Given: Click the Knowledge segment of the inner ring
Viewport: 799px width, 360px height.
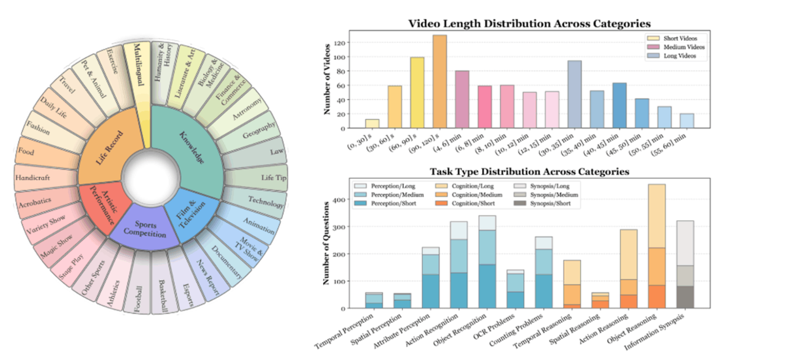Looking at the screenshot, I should pyautogui.click(x=189, y=147).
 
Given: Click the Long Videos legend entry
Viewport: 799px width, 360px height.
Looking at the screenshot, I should pyautogui.click(x=674, y=56).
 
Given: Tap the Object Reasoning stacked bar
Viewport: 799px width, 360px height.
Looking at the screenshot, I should pyautogui.click(x=656, y=246).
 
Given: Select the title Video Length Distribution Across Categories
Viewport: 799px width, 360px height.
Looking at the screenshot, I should pyautogui.click(x=529, y=23).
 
